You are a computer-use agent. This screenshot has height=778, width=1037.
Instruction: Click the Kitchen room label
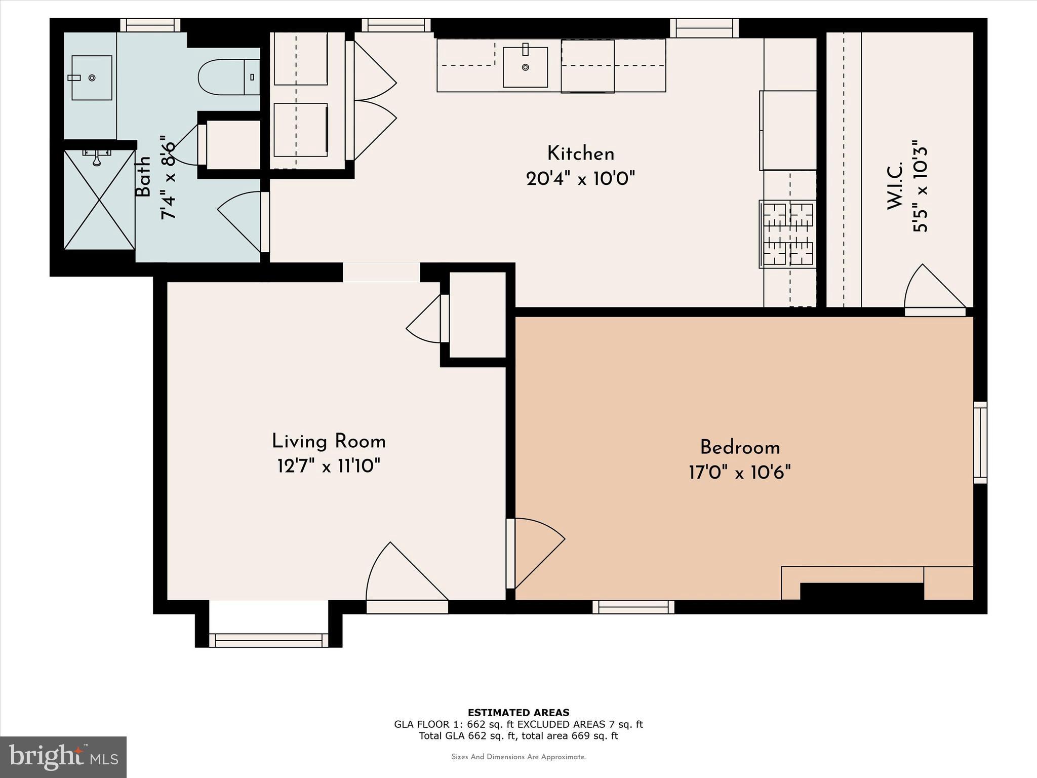[x=580, y=153]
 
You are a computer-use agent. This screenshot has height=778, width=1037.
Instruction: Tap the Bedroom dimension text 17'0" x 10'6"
[x=739, y=473]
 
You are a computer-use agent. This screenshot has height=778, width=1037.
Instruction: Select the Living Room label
[x=329, y=442]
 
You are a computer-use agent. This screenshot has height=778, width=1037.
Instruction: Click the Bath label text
[x=143, y=176]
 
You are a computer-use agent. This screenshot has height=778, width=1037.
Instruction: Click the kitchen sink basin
[x=525, y=67]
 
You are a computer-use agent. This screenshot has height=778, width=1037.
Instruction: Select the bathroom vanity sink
[x=91, y=77]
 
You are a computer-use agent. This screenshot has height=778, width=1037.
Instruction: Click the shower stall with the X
[x=99, y=200]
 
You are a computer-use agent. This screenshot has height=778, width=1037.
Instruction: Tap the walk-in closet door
[x=934, y=289]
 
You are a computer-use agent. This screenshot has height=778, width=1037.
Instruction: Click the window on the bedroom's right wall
[x=980, y=442]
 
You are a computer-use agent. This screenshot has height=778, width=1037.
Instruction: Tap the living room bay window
[x=268, y=640]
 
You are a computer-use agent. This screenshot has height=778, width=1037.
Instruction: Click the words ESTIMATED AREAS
[x=518, y=712]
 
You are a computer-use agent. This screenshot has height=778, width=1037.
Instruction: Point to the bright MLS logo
[x=63, y=757]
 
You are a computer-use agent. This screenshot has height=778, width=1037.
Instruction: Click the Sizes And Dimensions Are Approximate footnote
[x=518, y=757]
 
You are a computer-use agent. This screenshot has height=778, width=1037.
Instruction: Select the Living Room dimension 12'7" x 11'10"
[x=329, y=466]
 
